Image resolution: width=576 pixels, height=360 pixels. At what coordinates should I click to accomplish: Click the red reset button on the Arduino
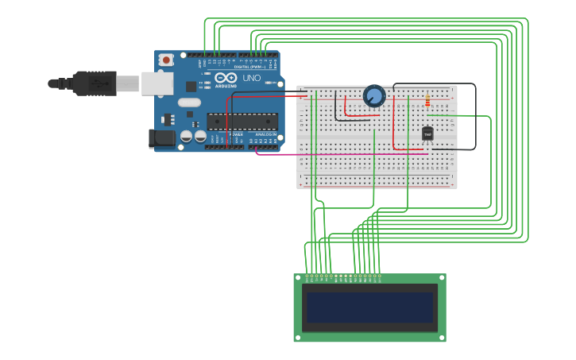[x=166, y=60]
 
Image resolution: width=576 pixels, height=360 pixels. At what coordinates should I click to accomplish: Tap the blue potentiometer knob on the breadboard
[x=374, y=96]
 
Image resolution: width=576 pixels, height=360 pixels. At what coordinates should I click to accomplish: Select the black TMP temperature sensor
[x=427, y=134]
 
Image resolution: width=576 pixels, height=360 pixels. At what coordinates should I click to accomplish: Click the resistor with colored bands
[x=427, y=101]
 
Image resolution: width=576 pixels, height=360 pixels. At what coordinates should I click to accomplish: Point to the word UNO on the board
[x=251, y=78]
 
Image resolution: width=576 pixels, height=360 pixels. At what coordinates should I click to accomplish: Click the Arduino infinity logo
[x=226, y=78]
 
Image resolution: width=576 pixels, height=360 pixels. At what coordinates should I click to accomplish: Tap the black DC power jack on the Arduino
[x=162, y=138]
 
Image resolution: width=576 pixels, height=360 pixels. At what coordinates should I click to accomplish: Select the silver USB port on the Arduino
[x=157, y=83]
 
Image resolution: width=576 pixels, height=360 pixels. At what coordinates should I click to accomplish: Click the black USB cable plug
[x=95, y=83]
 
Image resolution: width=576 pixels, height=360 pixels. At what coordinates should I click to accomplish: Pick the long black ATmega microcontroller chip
[x=242, y=121]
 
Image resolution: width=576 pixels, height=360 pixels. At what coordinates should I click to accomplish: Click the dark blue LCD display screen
[x=370, y=307]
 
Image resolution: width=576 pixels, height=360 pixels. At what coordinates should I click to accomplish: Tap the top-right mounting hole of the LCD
[x=441, y=279]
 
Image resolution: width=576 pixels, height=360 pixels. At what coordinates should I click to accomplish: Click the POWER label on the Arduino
[x=236, y=135]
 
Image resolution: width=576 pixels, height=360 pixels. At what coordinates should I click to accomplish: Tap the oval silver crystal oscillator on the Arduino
[x=189, y=102]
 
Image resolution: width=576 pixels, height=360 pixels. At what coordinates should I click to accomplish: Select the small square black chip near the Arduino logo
[x=191, y=86]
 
